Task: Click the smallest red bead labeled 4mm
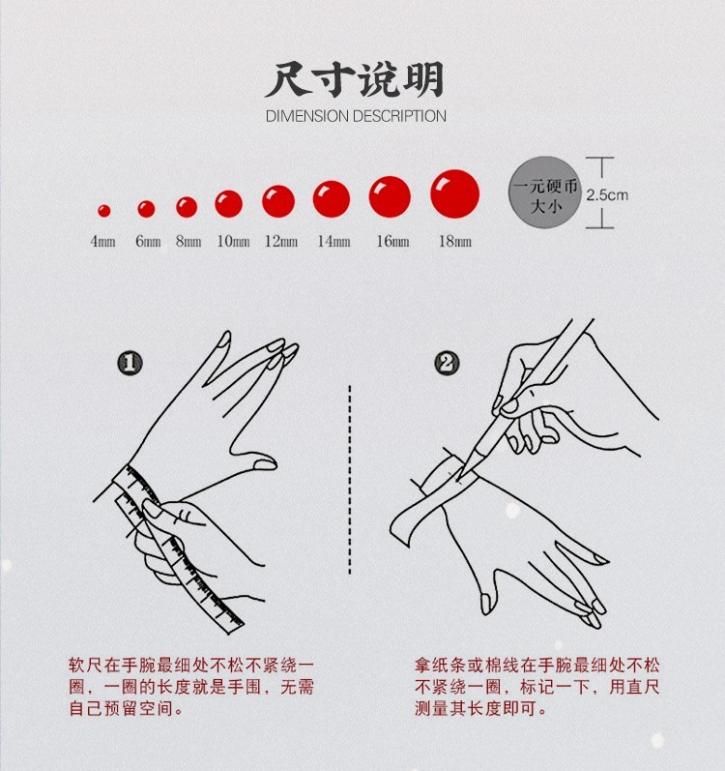103,211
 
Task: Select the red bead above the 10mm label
228,203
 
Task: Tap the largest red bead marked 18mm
455,193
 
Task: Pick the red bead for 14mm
332,198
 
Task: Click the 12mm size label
281,242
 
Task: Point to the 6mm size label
148,242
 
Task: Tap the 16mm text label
393,242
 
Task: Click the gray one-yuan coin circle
545,193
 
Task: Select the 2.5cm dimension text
607,195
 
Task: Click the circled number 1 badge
130,364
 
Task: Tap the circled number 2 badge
447,364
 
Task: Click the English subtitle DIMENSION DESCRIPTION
356,116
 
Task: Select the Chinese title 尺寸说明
355,79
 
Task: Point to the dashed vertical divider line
350,480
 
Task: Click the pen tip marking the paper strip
458,479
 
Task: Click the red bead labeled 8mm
187,207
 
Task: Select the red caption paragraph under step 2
536,687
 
